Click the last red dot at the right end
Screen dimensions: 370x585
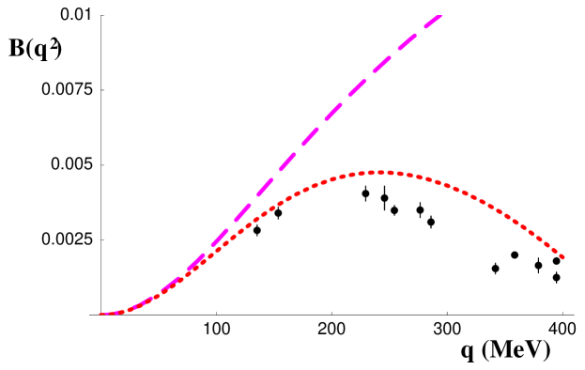(x=562, y=256)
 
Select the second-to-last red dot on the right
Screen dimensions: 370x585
(x=555, y=250)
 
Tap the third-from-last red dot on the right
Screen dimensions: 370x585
(x=548, y=244)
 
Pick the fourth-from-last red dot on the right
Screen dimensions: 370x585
(x=542, y=239)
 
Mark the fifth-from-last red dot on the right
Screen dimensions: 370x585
(x=535, y=233)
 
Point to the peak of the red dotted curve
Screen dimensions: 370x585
(x=379, y=172)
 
